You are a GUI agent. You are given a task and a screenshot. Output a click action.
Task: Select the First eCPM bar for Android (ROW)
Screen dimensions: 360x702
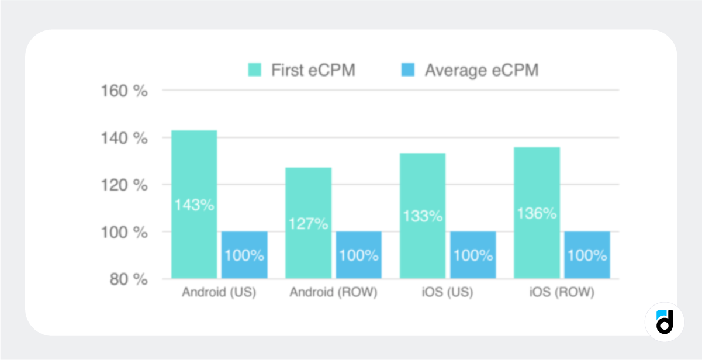[x=308, y=193]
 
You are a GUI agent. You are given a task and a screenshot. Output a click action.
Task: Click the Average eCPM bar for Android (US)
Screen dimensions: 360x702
[x=244, y=255]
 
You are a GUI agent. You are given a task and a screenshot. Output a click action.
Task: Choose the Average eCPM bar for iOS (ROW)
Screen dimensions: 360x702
[x=587, y=255]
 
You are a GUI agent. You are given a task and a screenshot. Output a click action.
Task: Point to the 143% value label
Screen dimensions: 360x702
[x=193, y=205]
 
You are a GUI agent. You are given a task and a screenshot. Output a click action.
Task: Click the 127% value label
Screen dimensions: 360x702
[x=308, y=224]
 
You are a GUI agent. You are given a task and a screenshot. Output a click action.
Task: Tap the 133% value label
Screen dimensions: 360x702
[x=423, y=216]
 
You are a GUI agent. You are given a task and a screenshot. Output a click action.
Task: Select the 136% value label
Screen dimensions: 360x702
[x=537, y=213]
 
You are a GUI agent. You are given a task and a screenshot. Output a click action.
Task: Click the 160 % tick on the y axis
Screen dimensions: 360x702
[x=123, y=91]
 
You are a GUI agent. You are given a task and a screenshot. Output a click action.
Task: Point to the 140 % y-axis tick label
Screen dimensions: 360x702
[x=123, y=139]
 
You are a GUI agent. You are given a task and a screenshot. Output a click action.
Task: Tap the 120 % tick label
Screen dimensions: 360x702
[x=123, y=185]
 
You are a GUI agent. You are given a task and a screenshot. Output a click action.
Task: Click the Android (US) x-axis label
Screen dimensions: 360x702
[x=219, y=292]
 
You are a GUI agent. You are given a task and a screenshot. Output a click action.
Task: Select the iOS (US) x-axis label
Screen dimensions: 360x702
[x=448, y=292]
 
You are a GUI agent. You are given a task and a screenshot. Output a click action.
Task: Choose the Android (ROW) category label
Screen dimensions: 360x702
[x=333, y=292]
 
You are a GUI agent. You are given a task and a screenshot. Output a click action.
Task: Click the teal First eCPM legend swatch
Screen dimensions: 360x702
[x=255, y=70]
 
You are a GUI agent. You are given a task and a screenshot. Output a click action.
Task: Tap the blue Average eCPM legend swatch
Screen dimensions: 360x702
[x=407, y=70]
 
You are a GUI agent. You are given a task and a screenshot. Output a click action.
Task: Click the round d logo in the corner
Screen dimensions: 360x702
[x=664, y=322]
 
